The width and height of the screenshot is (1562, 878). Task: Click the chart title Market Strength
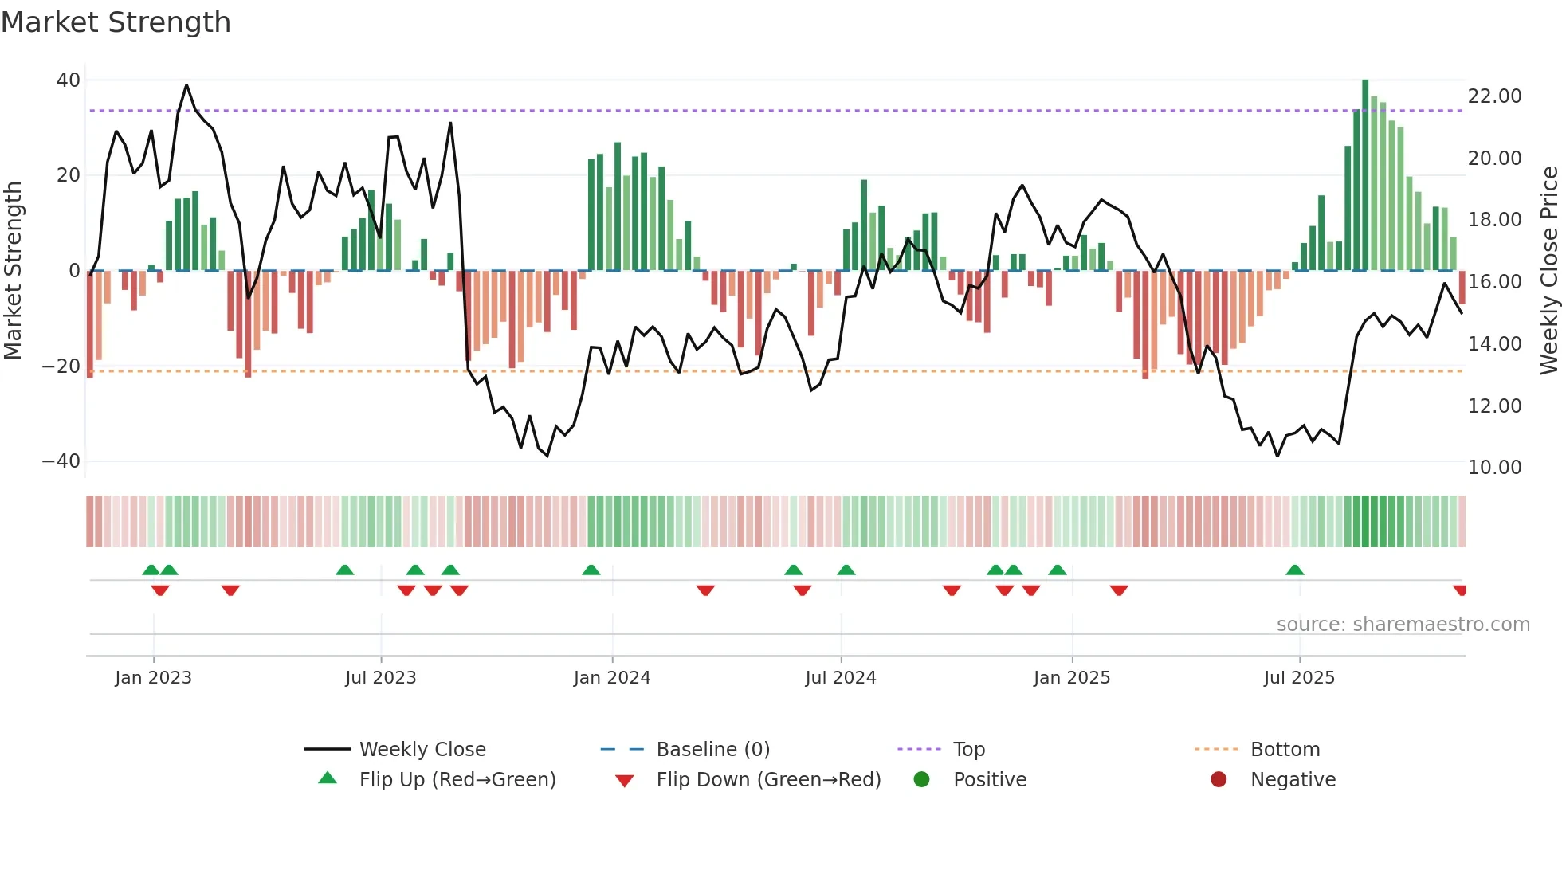coord(116,22)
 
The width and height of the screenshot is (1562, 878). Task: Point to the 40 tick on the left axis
coord(68,80)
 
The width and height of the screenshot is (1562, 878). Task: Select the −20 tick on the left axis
coord(61,366)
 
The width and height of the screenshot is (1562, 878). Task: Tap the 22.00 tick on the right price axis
coord(1494,96)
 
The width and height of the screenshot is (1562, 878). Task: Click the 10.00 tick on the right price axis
coord(1494,468)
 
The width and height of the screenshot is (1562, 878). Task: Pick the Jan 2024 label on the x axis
coord(611,678)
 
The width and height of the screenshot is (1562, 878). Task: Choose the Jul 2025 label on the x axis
coord(1298,678)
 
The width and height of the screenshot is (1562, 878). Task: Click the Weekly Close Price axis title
coord(1548,271)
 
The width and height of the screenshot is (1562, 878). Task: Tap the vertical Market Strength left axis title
coord(13,271)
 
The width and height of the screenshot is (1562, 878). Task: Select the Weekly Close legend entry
coord(422,750)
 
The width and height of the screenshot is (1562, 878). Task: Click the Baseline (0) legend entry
coord(712,750)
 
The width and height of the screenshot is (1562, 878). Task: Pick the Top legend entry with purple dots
coord(968,750)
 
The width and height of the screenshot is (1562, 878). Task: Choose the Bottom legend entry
coord(1285,750)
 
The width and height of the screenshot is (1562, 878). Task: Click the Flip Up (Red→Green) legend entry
coord(457,780)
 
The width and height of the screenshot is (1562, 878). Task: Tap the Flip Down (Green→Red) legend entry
coord(767,780)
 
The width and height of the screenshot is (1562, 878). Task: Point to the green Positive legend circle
coord(921,780)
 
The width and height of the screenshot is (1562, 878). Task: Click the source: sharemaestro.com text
coord(1403,625)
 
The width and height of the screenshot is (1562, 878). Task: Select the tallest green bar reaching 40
coord(1365,175)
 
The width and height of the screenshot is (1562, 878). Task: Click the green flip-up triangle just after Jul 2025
coord(1294,570)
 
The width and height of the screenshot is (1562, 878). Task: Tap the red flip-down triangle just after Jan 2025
coord(1118,590)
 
